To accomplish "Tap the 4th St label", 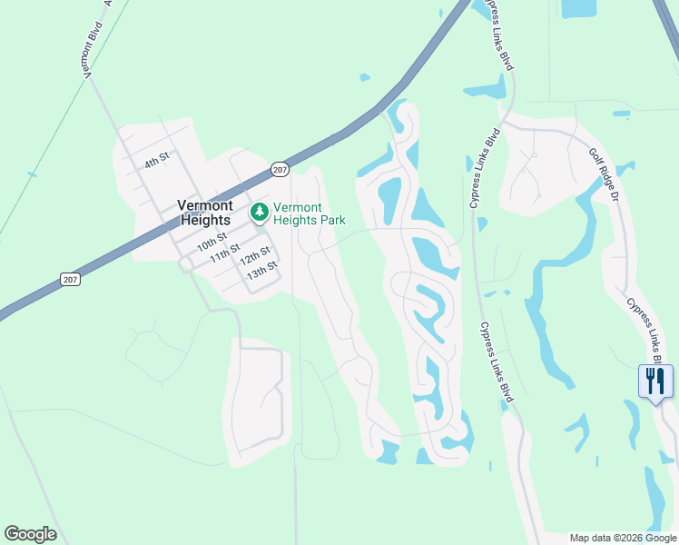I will (157, 160).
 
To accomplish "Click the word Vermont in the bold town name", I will (206, 204).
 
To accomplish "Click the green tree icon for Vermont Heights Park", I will (261, 213).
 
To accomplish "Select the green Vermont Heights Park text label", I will (309, 213).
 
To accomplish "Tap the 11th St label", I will (224, 252).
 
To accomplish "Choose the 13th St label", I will (261, 269).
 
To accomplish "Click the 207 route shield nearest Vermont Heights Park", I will (280, 170).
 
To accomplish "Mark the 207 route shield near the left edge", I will (71, 279).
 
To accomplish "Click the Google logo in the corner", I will (30, 534).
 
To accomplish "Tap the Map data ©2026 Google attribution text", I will (623, 538).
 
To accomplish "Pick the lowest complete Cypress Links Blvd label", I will (496, 361).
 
